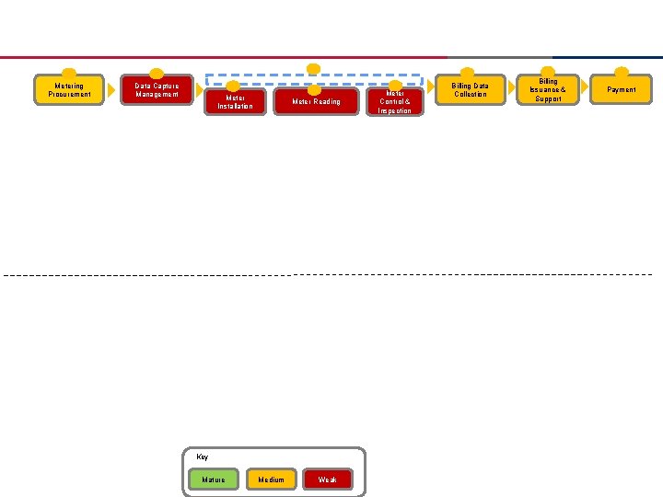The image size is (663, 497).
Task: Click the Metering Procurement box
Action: (x=69, y=90)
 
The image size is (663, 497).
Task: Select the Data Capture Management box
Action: (x=157, y=89)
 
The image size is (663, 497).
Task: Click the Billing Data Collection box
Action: (x=470, y=90)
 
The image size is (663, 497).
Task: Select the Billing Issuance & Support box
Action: (x=548, y=90)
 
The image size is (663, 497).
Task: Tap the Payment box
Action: (x=622, y=90)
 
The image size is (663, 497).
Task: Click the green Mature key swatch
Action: (x=213, y=479)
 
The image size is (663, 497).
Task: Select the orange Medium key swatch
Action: (x=271, y=479)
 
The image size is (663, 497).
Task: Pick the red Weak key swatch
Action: (x=328, y=479)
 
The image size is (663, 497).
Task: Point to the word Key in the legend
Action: (x=203, y=457)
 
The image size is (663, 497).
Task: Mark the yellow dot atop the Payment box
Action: (x=622, y=73)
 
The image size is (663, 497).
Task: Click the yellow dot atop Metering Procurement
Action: (x=69, y=74)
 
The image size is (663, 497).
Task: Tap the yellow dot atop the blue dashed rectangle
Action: (x=313, y=69)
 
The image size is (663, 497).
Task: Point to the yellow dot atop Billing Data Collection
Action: (x=468, y=74)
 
